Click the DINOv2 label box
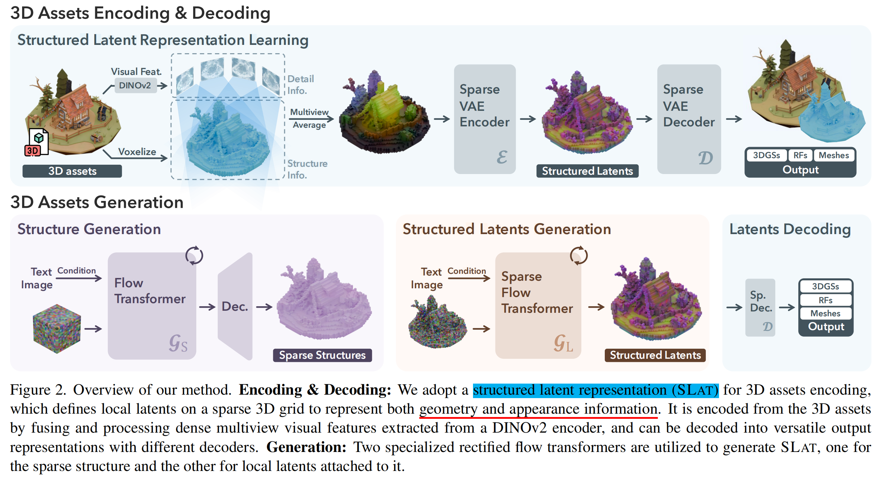point(135,85)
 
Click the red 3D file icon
point(36,143)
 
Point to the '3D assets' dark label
point(72,171)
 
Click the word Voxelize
point(137,152)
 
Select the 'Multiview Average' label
point(309,118)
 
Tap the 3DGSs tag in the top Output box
point(766,155)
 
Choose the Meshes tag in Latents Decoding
point(825,313)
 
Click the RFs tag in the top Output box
point(800,155)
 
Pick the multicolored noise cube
point(57,328)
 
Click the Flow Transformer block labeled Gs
point(152,306)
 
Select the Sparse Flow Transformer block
point(538,306)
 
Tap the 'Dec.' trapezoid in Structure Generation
point(235,307)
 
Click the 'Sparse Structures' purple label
point(322,355)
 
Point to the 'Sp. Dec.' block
point(760,307)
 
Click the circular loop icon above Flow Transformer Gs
point(194,256)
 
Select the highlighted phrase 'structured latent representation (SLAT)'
point(595,390)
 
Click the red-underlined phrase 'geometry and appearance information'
point(538,409)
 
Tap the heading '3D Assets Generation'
point(97,202)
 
